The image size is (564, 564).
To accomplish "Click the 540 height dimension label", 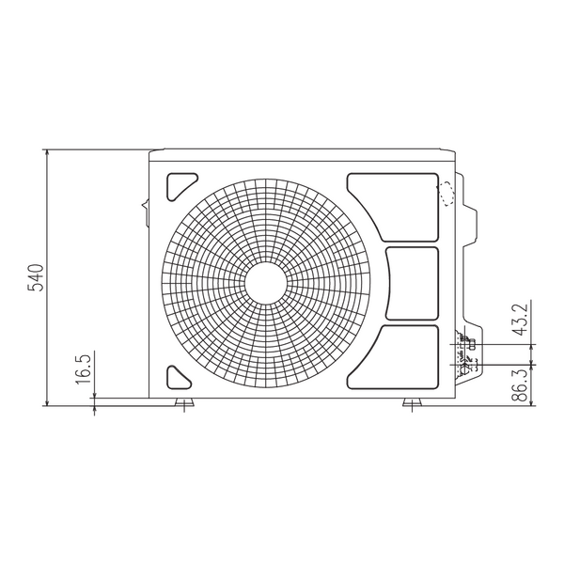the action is pyautogui.click(x=36, y=277).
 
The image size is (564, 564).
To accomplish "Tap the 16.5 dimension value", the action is pyautogui.click(x=83, y=368).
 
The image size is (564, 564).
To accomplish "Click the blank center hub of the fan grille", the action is pyautogui.click(x=266, y=283).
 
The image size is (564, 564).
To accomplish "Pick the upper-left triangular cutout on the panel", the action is pyautogui.click(x=180, y=187).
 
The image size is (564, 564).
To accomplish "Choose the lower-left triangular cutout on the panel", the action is pyautogui.click(x=179, y=378).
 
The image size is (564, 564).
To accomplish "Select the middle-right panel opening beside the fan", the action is pyautogui.click(x=413, y=284).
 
